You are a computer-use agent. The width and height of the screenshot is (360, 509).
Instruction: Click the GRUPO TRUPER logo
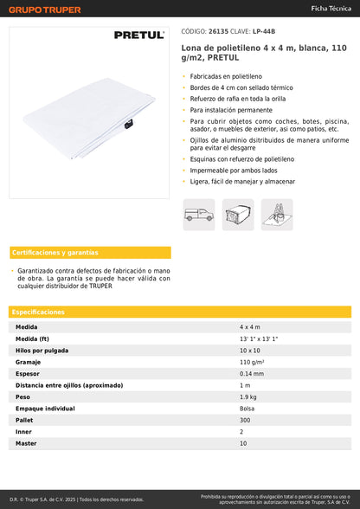click(x=45, y=10)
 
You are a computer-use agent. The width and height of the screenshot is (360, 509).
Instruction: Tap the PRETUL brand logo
click(x=138, y=35)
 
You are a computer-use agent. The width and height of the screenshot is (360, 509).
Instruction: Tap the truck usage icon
click(x=198, y=215)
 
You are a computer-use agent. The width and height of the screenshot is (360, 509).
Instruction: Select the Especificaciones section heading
click(x=38, y=312)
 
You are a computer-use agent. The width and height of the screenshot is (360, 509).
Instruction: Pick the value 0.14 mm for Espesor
click(x=253, y=373)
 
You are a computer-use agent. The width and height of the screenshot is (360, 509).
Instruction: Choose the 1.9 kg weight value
click(x=247, y=396)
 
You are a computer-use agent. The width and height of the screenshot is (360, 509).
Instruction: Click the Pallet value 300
click(x=245, y=420)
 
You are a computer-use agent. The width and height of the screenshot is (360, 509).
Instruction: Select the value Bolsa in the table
click(x=247, y=408)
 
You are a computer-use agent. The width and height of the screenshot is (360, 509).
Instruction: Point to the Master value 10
click(x=243, y=443)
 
